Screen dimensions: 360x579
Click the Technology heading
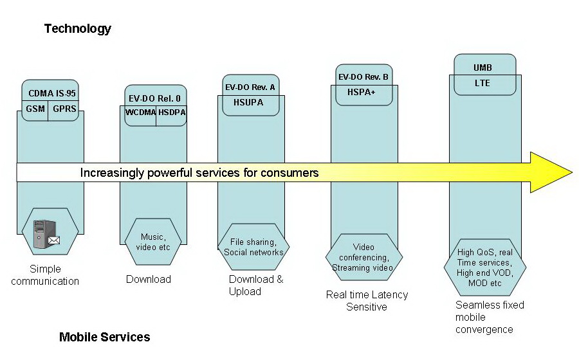77,28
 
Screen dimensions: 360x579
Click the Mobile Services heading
104,337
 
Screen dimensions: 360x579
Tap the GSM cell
36,109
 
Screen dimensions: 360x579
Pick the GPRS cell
64,109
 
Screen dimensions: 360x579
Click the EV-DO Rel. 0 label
154,98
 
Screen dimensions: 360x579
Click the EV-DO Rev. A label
250,87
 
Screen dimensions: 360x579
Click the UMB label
483,67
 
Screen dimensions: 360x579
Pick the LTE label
482,83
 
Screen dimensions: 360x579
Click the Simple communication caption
45,275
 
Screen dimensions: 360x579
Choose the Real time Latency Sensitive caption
367,300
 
